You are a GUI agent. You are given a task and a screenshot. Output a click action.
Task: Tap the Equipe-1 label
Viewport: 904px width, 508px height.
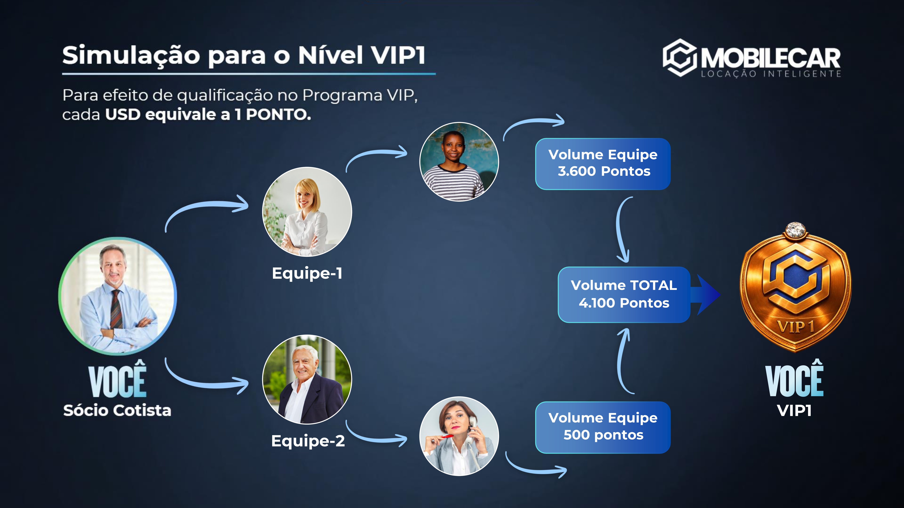(x=307, y=273)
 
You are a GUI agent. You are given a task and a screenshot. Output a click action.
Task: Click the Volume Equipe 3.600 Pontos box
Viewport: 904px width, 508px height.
(x=603, y=164)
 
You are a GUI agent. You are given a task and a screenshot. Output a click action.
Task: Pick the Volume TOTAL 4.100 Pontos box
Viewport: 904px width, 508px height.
(x=624, y=295)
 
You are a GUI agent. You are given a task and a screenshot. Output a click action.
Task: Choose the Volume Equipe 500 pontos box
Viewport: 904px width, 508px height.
(x=603, y=427)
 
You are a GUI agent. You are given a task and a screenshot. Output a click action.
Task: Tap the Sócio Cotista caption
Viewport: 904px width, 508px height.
(x=117, y=410)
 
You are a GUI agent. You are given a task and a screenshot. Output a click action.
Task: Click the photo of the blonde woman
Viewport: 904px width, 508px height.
(x=307, y=212)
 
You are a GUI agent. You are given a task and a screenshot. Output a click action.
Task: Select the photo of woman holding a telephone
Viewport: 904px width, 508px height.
(x=459, y=436)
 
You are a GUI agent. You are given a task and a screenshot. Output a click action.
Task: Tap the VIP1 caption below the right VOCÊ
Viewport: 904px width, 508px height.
(x=794, y=410)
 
